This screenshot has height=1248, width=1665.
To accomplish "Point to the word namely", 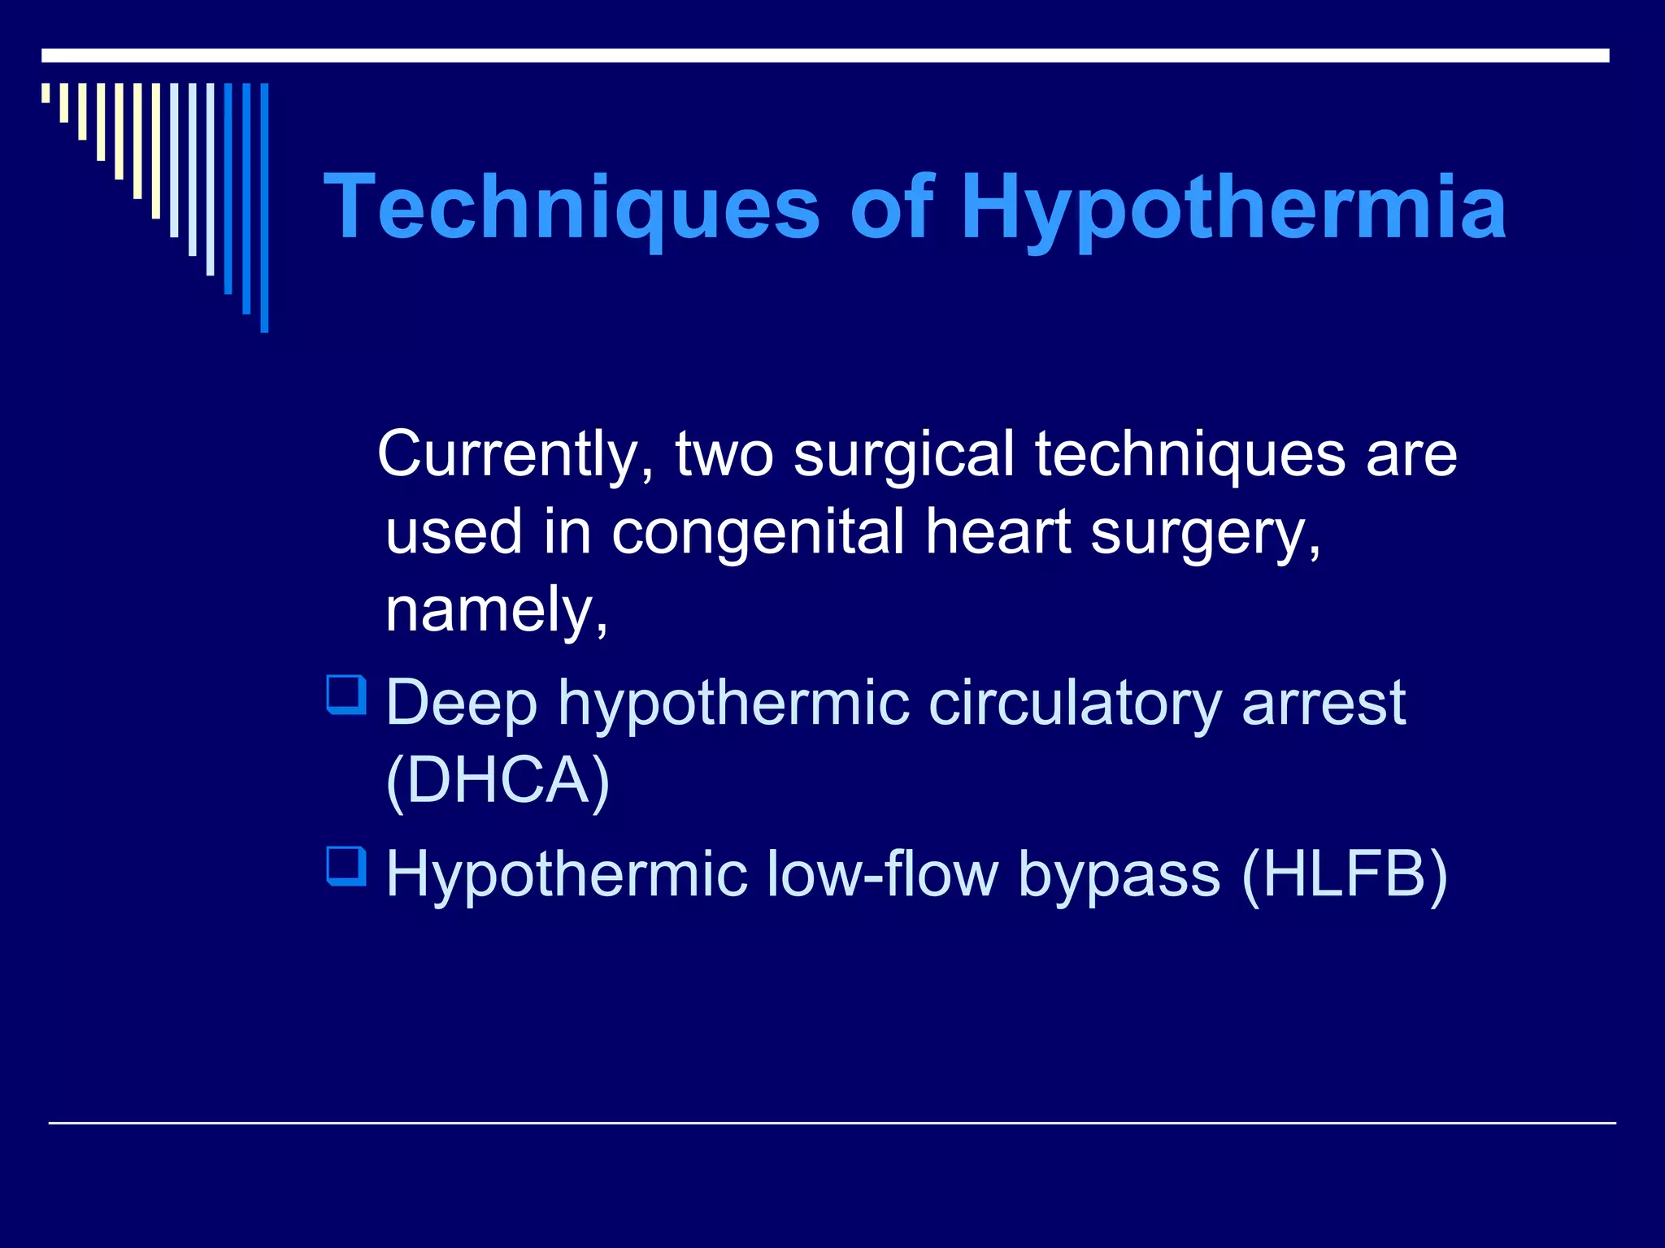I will (x=495, y=610).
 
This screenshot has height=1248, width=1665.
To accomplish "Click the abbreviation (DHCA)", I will (x=498, y=780).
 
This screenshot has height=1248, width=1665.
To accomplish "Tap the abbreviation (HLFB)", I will (x=1345, y=874).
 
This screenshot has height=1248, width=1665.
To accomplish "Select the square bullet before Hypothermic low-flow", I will (x=346, y=866).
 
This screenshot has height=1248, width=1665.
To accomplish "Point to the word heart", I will (x=998, y=532).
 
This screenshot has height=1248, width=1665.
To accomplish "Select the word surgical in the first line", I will (x=903, y=455).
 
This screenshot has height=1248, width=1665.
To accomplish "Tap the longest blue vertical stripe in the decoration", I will (x=264, y=207).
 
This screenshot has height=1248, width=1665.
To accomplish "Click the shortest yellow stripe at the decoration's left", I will (x=46, y=93).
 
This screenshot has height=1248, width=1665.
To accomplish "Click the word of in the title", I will (x=892, y=208).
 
